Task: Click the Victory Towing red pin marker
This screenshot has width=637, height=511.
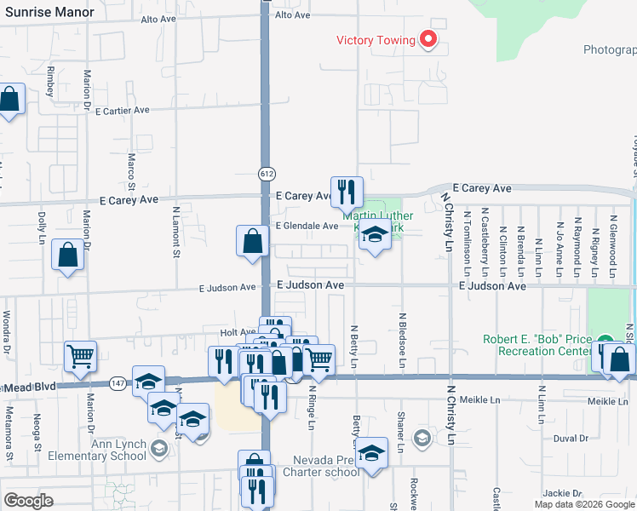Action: [429, 39]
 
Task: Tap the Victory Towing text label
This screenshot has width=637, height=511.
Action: [376, 40]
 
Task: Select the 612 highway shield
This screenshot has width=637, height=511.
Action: [267, 174]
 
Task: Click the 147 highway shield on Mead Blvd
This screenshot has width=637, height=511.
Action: [118, 385]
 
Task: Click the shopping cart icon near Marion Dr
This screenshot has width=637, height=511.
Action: [80, 358]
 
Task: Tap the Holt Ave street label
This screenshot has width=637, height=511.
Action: [238, 332]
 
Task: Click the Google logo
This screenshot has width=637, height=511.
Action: [28, 501]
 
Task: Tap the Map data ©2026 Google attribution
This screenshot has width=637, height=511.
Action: [583, 504]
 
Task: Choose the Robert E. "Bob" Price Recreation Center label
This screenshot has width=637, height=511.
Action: [537, 345]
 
